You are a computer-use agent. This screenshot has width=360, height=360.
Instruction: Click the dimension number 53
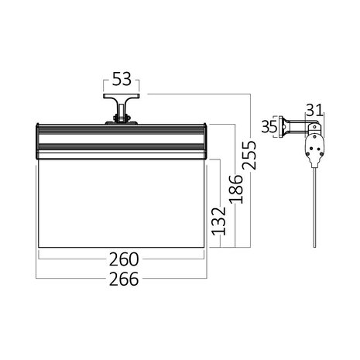[122, 78]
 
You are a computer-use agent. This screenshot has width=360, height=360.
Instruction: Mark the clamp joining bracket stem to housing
[122, 118]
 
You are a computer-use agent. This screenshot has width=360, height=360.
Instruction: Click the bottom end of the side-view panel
[314, 244]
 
